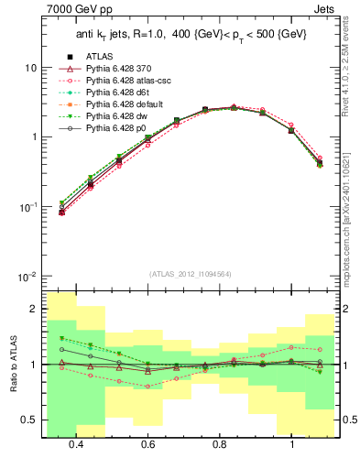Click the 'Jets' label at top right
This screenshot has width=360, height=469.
pos(323,9)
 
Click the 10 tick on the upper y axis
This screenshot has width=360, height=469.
pos(30,68)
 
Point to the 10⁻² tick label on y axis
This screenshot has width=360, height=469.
pos(27,277)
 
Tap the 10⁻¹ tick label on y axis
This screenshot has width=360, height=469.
pos(27,207)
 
